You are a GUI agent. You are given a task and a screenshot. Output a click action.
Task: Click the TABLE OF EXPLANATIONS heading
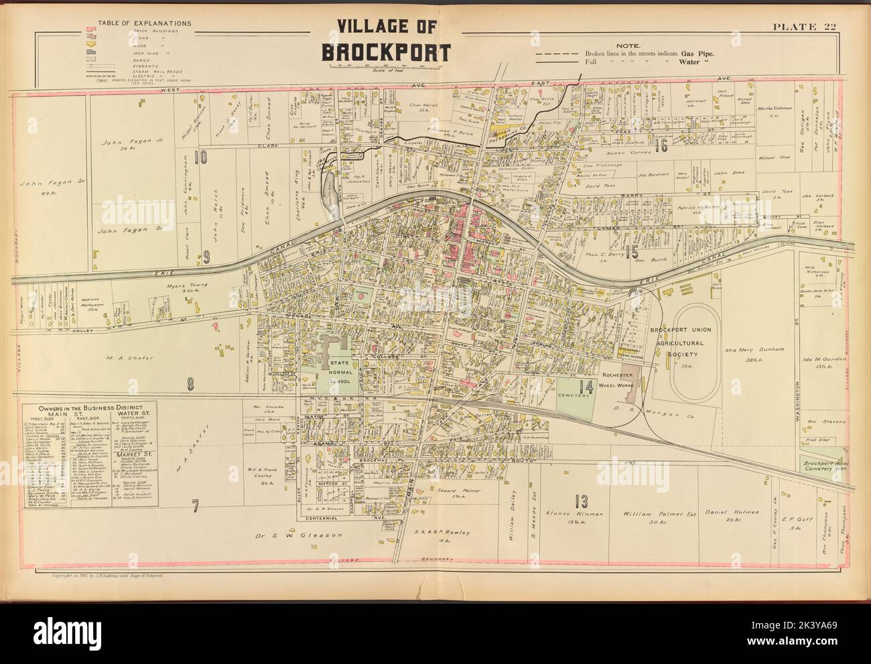click(144, 23)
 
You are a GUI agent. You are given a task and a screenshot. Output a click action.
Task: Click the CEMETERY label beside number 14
click(575, 395)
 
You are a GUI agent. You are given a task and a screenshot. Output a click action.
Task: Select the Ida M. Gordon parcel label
click(822, 360)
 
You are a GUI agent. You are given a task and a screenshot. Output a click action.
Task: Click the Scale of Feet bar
click(388, 66)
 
